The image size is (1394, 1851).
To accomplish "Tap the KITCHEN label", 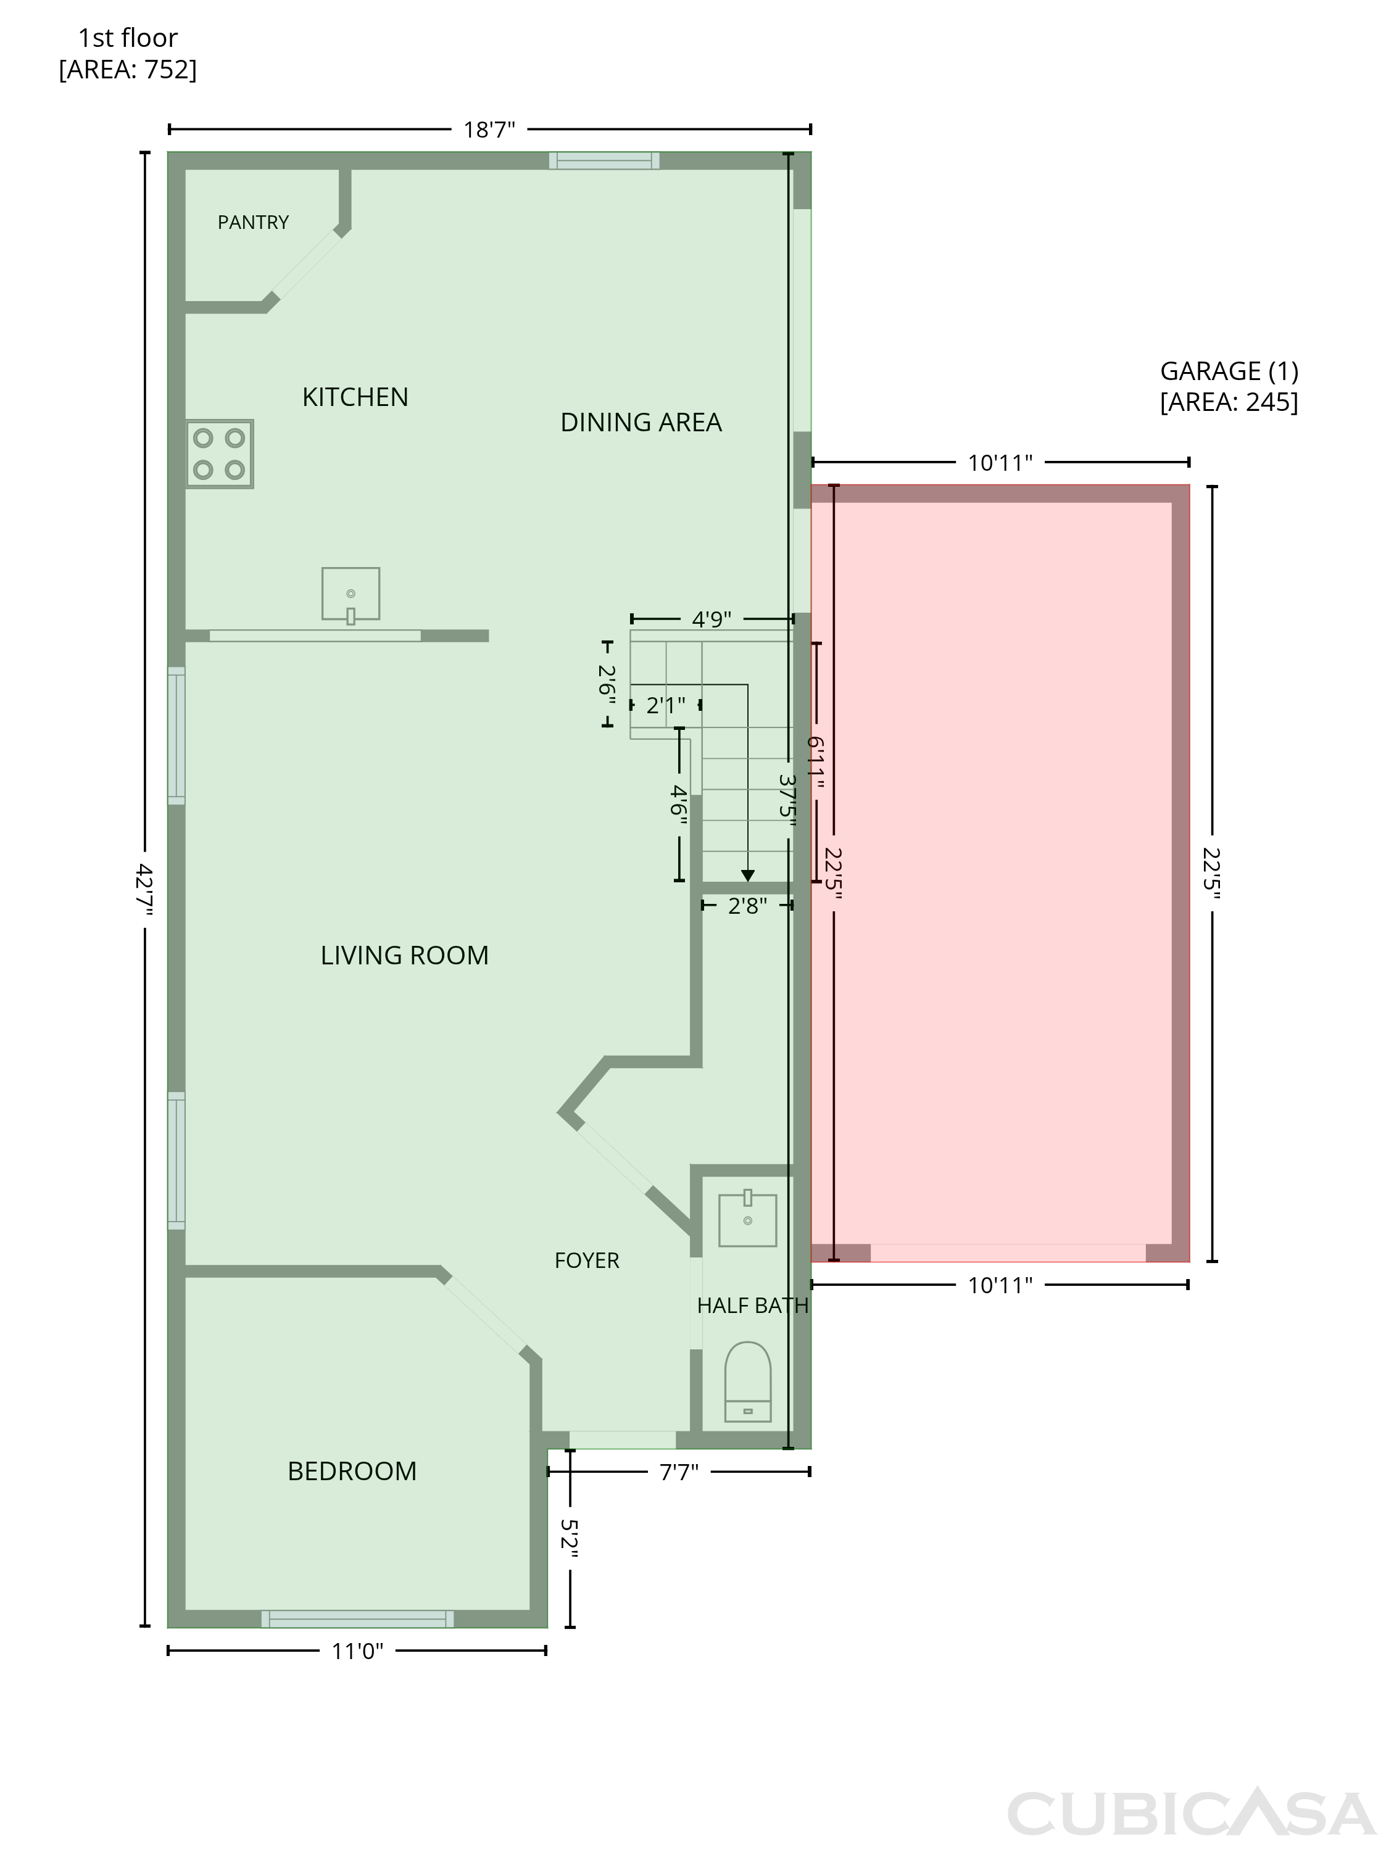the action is click(x=355, y=397).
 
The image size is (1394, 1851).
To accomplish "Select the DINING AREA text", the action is click(x=641, y=423).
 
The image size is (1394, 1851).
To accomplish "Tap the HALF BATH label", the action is click(x=752, y=1306).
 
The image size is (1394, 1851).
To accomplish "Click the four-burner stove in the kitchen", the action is click(x=219, y=453).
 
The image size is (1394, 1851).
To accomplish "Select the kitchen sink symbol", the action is click(x=351, y=595).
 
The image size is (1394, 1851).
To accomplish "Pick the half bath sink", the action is click(x=747, y=1219).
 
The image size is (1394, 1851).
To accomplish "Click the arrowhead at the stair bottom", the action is click(x=748, y=876).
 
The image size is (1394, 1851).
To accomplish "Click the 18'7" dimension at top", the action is click(x=489, y=130).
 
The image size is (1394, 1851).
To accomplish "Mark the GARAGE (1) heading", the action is click(x=1229, y=371).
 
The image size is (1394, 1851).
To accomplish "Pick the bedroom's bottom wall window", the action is click(x=357, y=1618).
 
